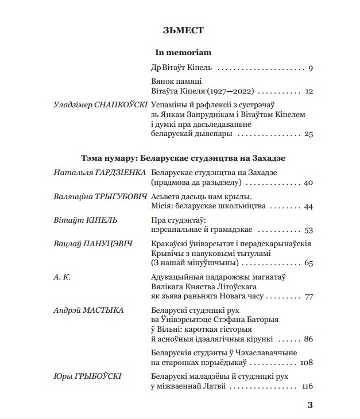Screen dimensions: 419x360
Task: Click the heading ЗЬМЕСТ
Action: [180, 29]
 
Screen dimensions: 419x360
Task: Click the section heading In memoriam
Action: [179, 52]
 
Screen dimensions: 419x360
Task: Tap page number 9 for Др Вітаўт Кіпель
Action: [309, 69]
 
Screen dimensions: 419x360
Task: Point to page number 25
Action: [308, 134]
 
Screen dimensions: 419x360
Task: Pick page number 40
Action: [308, 183]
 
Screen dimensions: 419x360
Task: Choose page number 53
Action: [308, 230]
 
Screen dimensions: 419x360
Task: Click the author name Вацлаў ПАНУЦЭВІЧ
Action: [92, 243]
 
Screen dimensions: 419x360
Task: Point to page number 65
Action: [308, 263]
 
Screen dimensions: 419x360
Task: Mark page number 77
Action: [308, 297]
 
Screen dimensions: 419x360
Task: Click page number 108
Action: [306, 363]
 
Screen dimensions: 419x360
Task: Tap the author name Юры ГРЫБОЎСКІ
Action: [86, 377]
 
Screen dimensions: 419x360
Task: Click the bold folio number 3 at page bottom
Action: [310, 405]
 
